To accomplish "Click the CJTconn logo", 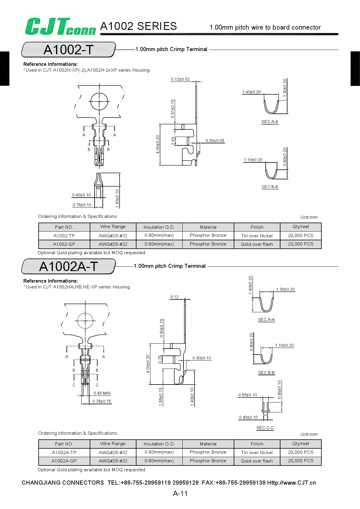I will pyautogui.click(x=60, y=27).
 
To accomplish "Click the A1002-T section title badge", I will pyautogui.click(x=69, y=50).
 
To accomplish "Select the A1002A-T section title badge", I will pyautogui.click(x=69, y=266).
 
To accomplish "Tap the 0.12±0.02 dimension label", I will pyautogui.click(x=180, y=79).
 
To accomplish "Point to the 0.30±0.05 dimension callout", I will pyautogui.click(x=215, y=141).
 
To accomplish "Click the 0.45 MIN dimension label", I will pyautogui.click(x=102, y=393).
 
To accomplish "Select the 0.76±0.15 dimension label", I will pyautogui.click(x=102, y=401).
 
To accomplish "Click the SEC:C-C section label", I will pyautogui.click(x=265, y=428).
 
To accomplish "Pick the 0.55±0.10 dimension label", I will pyautogui.click(x=248, y=395).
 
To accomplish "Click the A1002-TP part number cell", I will pyautogui.click(x=64, y=236).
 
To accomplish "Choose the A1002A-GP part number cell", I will pyautogui.click(x=64, y=461).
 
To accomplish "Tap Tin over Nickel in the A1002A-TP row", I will pyautogui.click(x=257, y=452).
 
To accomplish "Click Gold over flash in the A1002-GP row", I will pyautogui.click(x=257, y=244).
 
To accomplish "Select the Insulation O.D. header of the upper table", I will pyautogui.click(x=159, y=227).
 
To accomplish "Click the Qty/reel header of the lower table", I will pyautogui.click(x=301, y=444).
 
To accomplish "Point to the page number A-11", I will pyautogui.click(x=180, y=493).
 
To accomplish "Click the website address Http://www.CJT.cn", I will pyautogui.click(x=291, y=483).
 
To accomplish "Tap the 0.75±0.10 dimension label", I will pyautogui.click(x=82, y=205).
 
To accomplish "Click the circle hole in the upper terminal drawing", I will pyautogui.click(x=99, y=102).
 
